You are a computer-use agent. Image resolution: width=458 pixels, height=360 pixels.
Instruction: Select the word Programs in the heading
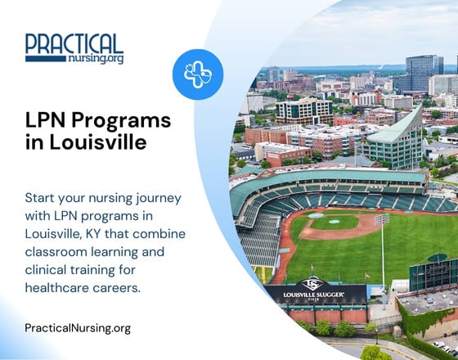point(120,119)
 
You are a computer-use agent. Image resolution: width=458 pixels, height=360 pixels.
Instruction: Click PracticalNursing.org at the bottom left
point(78,328)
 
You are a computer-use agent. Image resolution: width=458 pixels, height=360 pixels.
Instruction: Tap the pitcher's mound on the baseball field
point(335,223)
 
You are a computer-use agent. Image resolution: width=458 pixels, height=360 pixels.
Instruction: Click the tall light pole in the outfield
point(382,250)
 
